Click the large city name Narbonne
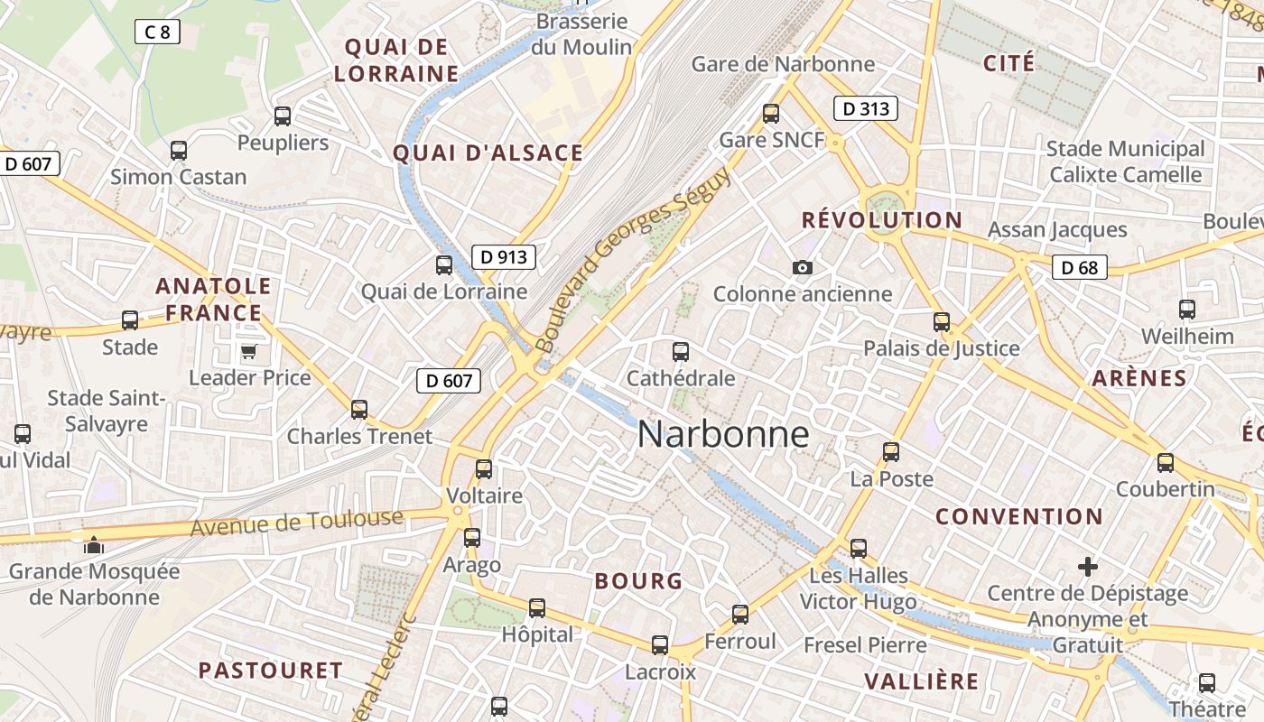723,434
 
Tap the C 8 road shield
157,32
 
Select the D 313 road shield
865,109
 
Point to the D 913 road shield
504,257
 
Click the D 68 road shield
1079,267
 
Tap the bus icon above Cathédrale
681,352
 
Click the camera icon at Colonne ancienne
802,268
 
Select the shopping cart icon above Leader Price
248,351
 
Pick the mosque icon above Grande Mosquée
93,544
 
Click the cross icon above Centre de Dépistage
1088,567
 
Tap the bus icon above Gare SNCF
771,114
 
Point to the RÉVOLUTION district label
882,220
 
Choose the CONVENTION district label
1018,517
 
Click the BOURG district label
638,581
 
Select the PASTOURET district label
270,671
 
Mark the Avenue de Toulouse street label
297,523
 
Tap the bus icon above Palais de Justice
942,322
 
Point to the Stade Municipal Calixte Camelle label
1125,162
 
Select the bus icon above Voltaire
484,469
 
